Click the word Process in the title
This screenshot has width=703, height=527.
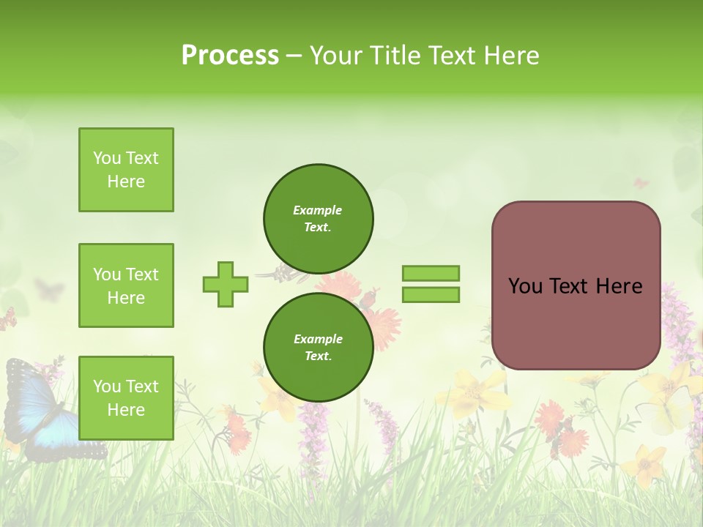click(230, 56)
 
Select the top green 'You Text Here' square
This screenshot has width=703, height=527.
click(126, 170)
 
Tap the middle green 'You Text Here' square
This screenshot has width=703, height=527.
click(126, 285)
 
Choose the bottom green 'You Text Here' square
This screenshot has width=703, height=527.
click(126, 398)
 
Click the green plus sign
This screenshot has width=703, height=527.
click(225, 284)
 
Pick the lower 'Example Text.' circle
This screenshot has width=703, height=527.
click(318, 347)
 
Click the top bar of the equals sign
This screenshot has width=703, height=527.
click(431, 273)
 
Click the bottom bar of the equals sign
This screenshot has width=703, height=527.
click(431, 295)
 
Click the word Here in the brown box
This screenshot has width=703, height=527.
click(619, 286)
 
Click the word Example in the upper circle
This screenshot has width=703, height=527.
click(318, 210)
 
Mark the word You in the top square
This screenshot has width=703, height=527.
click(107, 158)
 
